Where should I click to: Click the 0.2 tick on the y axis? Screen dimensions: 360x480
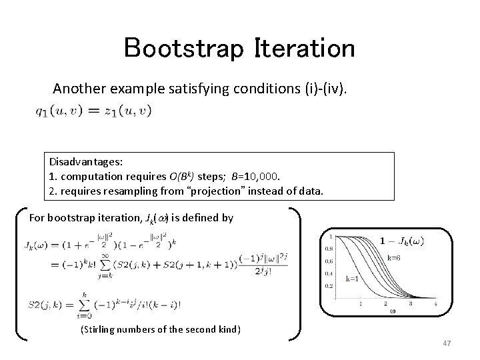(x=328, y=285)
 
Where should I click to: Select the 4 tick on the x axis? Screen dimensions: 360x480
(x=436, y=303)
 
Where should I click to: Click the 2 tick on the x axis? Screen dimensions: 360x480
(x=385, y=303)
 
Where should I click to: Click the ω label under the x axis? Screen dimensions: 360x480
(x=384, y=310)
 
